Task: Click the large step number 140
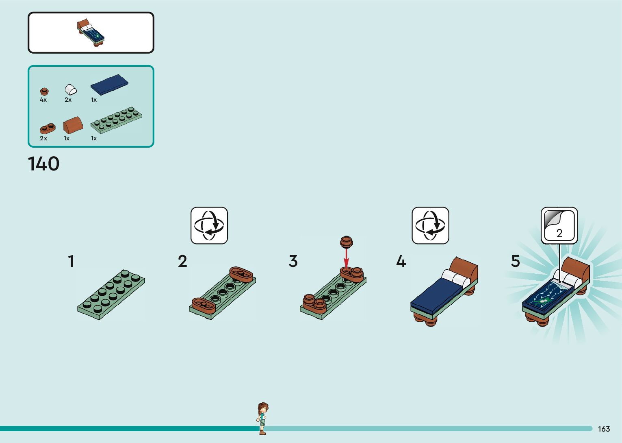43,164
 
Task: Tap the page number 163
604,429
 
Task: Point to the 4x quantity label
43,100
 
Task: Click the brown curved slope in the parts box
73,125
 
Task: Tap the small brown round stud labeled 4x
44,92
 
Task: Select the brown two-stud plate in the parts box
47,128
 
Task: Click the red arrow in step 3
346,258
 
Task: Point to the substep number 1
71,261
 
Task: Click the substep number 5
515,261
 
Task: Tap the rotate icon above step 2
209,225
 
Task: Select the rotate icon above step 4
430,225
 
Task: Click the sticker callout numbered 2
559,225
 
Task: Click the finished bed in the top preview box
91,33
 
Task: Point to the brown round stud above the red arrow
346,242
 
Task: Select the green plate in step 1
111,294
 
